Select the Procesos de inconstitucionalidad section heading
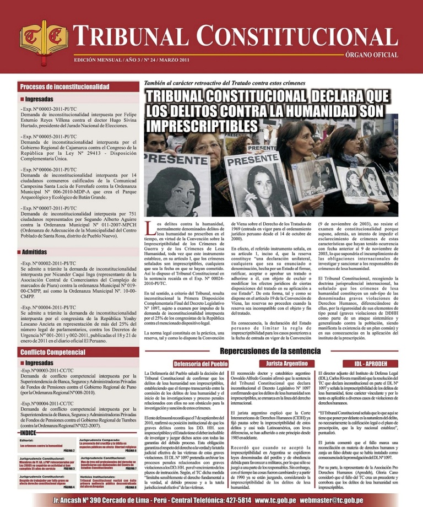[64, 87]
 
